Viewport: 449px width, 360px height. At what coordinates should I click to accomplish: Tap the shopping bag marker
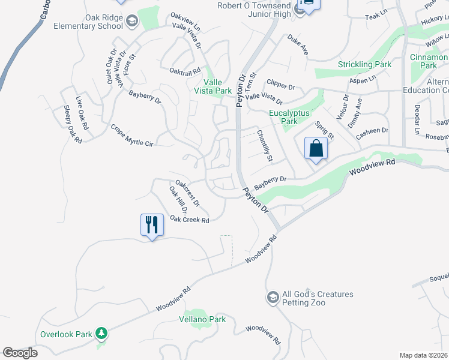[x=316, y=148]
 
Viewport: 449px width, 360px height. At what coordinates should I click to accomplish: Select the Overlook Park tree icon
[x=102, y=333]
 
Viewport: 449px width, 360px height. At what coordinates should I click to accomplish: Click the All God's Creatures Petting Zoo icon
[x=273, y=298]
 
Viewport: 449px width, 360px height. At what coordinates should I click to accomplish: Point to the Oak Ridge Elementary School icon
[x=132, y=22]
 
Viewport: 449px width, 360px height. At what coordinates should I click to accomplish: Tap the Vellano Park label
[x=202, y=319]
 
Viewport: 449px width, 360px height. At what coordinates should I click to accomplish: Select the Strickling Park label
[x=364, y=64]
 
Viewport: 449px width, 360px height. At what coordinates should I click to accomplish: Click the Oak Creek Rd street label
[x=189, y=220]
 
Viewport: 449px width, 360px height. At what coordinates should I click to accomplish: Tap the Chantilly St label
[x=265, y=146]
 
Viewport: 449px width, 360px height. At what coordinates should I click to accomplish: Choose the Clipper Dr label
[x=281, y=86]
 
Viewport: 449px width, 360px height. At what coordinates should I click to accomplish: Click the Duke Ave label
[x=298, y=45]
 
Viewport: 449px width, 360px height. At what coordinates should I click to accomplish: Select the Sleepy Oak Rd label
[x=72, y=124]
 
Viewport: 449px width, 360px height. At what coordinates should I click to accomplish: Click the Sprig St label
[x=325, y=130]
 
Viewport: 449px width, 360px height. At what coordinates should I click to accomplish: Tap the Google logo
[x=20, y=353]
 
